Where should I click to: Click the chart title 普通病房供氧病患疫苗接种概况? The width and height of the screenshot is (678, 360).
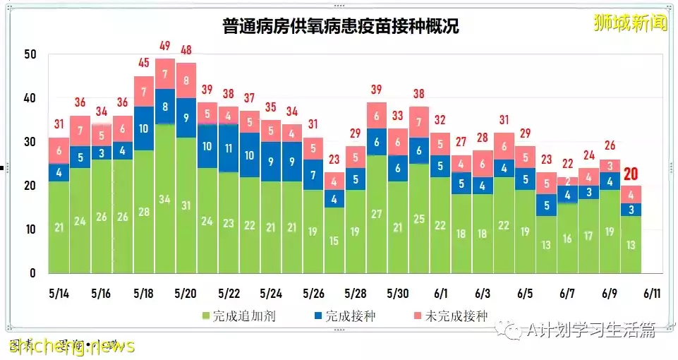[341, 27]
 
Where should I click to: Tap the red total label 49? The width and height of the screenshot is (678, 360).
[165, 47]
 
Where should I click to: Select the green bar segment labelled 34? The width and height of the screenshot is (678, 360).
[165, 200]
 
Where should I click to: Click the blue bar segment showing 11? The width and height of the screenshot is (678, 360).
[229, 149]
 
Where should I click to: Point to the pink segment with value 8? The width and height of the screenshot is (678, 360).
[186, 80]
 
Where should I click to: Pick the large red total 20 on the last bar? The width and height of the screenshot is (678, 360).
[631, 173]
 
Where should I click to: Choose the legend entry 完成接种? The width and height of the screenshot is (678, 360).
[346, 316]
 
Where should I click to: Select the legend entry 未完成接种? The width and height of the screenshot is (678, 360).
[452, 316]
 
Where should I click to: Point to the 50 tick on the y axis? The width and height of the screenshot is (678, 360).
[29, 54]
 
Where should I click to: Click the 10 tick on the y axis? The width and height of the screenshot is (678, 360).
[29, 229]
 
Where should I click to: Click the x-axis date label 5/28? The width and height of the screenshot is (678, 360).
[355, 292]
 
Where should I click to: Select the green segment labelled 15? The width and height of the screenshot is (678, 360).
[334, 241]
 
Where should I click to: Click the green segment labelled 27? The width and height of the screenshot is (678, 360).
[377, 215]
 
